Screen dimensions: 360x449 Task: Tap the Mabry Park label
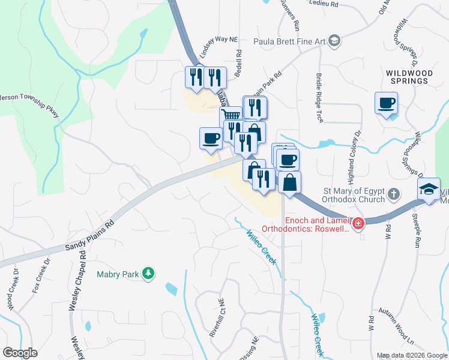tap(118, 275)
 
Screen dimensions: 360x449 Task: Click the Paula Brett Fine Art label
tap(289, 41)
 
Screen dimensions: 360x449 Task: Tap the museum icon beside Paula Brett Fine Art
tap(335, 41)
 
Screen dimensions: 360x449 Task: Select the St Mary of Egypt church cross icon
tap(393, 194)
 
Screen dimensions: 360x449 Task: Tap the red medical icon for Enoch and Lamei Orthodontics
tap(358, 224)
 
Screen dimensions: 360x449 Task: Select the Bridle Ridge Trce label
tap(319, 98)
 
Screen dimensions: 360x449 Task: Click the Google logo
tap(20, 353)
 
